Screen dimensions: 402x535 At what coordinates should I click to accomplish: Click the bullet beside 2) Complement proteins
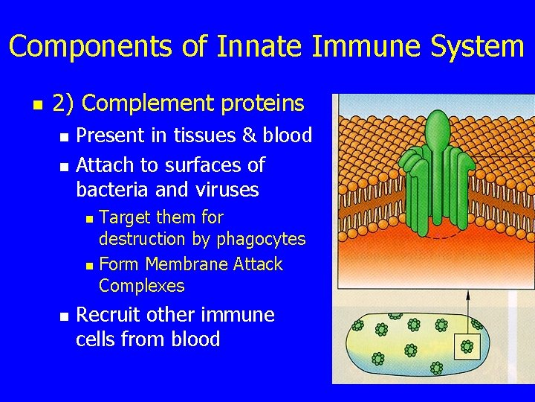point(36,105)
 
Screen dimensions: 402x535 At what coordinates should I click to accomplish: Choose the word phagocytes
point(261,240)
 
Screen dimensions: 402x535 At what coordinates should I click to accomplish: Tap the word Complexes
point(141,286)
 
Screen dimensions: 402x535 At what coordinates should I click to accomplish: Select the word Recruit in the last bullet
point(108,316)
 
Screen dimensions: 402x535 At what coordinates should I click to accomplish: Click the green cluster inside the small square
point(467,346)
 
